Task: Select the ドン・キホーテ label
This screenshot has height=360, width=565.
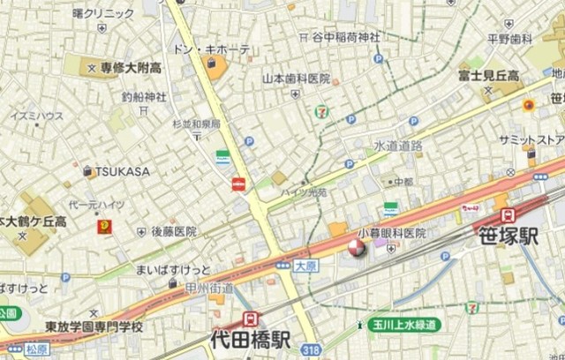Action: (x=213, y=49)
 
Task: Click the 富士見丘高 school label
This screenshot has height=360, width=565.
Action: (x=488, y=76)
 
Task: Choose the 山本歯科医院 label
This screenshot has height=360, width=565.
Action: (x=296, y=79)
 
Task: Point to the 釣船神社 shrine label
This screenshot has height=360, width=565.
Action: (x=144, y=98)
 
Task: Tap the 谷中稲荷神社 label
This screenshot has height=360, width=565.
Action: (x=345, y=37)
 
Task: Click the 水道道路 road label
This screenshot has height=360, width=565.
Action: (x=397, y=145)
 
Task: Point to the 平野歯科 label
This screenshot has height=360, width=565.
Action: (x=510, y=39)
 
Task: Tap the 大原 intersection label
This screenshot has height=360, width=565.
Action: (x=305, y=264)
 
